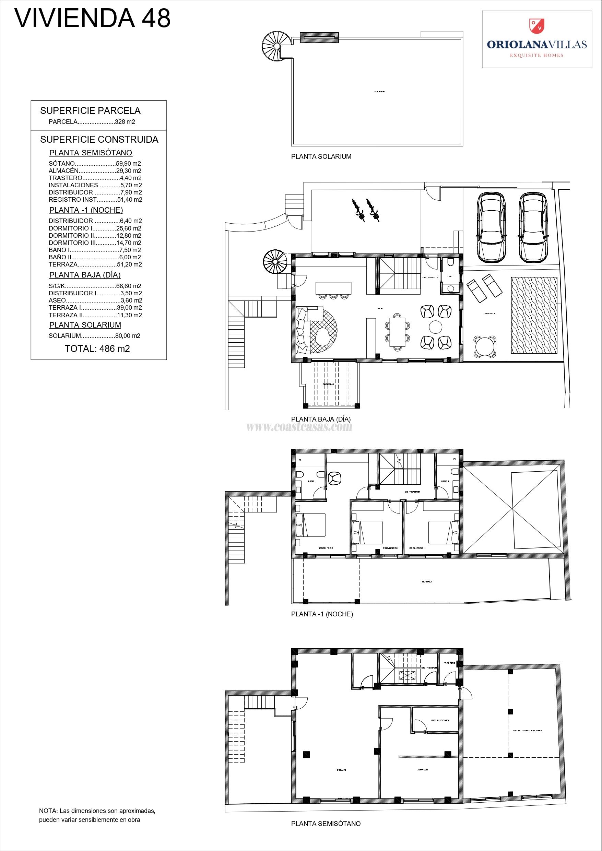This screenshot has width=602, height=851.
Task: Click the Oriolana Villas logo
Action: [x=536, y=40]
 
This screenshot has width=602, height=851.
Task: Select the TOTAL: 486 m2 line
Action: [x=97, y=348]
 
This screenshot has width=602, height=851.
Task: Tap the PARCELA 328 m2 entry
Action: [x=92, y=121]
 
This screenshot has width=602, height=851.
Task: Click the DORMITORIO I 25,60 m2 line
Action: [x=95, y=228]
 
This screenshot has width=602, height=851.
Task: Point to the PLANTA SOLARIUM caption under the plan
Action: [x=321, y=156]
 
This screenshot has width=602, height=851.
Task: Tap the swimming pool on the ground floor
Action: [x=534, y=315]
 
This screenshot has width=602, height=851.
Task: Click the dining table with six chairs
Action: [x=397, y=332]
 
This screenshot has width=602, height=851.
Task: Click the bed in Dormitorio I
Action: [x=311, y=524]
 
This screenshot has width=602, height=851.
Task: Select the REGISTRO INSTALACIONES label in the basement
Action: [x=528, y=731]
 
